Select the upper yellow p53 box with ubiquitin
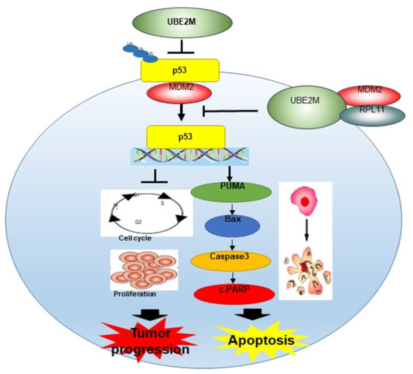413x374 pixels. (180, 70)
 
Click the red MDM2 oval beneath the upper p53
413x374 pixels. (179, 93)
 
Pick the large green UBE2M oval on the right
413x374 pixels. (305, 104)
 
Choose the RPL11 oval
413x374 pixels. (370, 116)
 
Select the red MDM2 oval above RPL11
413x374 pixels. (369, 96)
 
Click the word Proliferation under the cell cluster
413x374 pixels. (135, 294)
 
